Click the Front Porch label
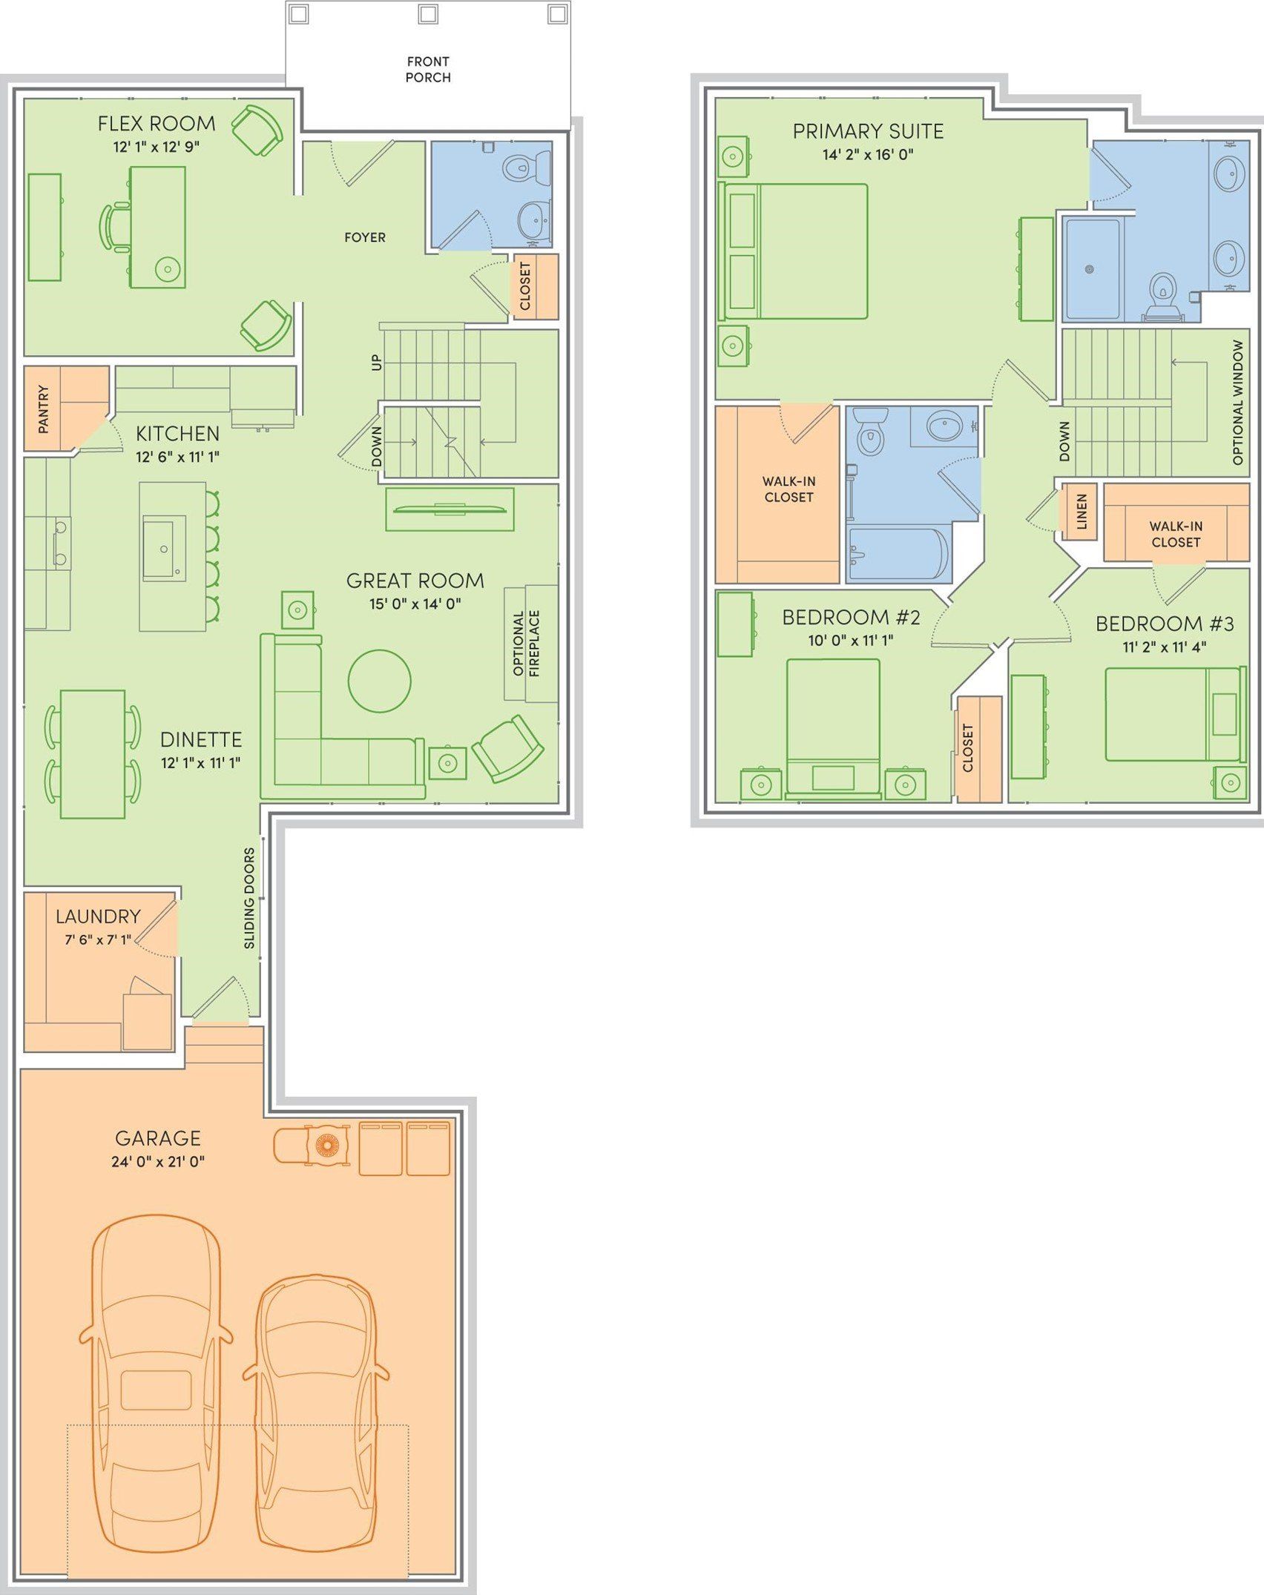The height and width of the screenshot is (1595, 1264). [428, 69]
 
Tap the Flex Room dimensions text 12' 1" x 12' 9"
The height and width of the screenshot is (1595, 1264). [157, 147]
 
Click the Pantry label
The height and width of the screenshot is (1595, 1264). [43, 409]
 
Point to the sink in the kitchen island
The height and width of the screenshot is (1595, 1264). [164, 548]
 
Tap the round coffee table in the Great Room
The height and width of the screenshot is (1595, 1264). [379, 681]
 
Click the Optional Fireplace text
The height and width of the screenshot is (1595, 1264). [527, 644]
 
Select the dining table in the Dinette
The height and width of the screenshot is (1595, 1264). [93, 753]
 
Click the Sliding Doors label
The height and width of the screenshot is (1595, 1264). [249, 898]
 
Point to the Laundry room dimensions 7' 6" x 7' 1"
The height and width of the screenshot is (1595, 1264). [98, 940]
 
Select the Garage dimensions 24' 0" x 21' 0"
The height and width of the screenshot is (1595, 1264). [158, 1162]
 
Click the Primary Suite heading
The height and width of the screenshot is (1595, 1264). [868, 131]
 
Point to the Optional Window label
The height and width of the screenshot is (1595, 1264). [1237, 403]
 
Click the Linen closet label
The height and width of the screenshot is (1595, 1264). [1082, 512]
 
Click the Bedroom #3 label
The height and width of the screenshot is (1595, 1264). [1165, 624]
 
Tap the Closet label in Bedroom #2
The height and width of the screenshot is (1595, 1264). [967, 748]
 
